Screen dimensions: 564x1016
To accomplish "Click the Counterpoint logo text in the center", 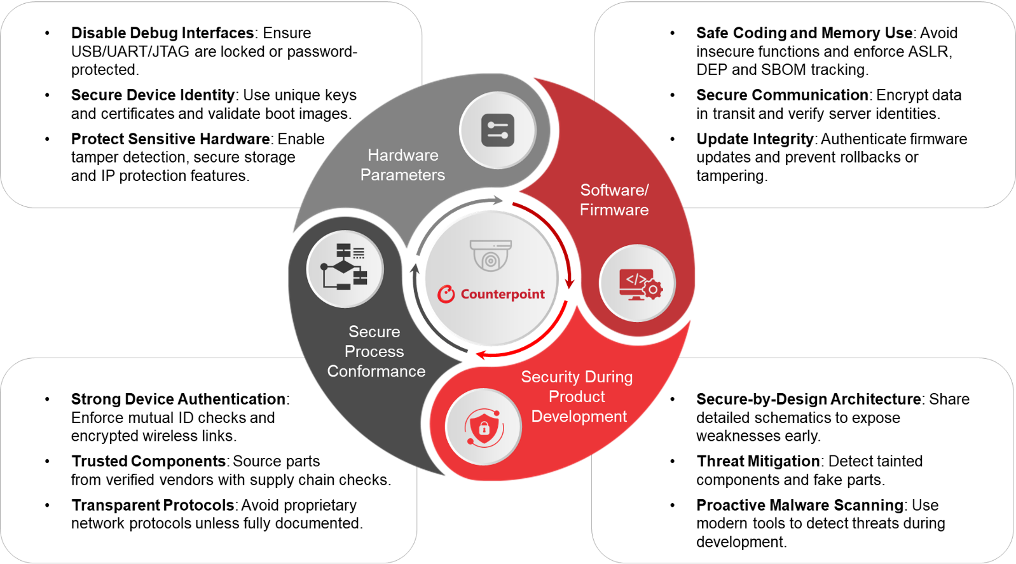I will (x=502, y=294).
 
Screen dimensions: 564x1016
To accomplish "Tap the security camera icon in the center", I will (x=490, y=255).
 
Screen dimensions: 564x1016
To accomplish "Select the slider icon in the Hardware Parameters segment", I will (x=498, y=130).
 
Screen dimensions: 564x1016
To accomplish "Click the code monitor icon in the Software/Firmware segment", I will (x=638, y=283).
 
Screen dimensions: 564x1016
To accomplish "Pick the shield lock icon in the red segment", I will (x=483, y=427).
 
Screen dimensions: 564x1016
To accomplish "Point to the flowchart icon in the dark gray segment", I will (x=345, y=268).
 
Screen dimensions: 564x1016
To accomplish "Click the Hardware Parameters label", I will (x=402, y=165).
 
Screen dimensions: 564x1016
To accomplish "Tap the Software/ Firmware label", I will (x=614, y=200).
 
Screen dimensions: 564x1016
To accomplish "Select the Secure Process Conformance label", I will (x=376, y=351).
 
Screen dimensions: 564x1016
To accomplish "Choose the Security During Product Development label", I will (x=577, y=396).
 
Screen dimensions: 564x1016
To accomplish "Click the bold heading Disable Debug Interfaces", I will (x=162, y=33).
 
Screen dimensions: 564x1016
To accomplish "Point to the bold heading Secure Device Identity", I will (x=153, y=95).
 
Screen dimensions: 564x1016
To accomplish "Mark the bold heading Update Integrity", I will (x=755, y=139).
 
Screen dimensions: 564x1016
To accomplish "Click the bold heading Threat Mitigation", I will (x=758, y=461).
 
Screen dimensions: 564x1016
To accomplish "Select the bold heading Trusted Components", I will (x=149, y=461).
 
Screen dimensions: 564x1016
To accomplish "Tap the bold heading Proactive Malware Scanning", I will (x=800, y=505).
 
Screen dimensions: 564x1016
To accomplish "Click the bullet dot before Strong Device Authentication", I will (x=47, y=399).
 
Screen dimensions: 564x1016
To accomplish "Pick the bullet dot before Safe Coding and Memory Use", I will (x=672, y=33).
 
